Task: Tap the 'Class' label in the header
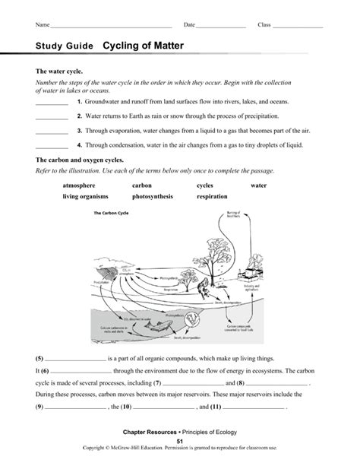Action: (x=264, y=25)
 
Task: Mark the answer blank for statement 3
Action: (x=52, y=132)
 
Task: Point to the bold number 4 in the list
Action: (x=79, y=144)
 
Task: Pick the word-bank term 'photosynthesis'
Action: (x=152, y=196)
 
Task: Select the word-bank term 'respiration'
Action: (x=212, y=196)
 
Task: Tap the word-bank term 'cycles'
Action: (x=205, y=185)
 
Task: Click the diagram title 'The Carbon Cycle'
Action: (x=111, y=214)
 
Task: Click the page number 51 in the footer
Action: (x=180, y=441)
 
